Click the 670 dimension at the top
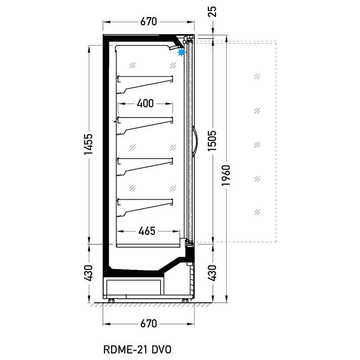(148, 21)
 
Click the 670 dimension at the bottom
(148, 324)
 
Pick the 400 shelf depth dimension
(145, 103)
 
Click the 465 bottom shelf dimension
(146, 231)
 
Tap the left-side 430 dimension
(88, 272)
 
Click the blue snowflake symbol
(181, 53)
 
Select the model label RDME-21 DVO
(138, 349)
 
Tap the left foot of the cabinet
(111, 300)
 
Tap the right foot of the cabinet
(185, 300)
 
